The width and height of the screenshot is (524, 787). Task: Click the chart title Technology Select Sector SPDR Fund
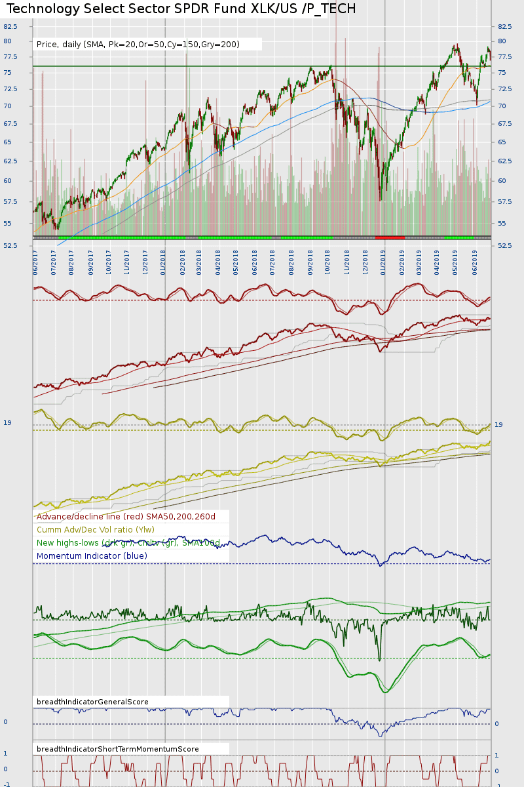pyautogui.click(x=181, y=9)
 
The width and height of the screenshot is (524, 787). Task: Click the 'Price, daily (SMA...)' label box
pyautogui.click(x=138, y=45)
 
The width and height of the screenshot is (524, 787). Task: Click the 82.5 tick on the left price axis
pyautogui.click(x=10, y=27)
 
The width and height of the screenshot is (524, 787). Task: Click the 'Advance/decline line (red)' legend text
pyautogui.click(x=126, y=517)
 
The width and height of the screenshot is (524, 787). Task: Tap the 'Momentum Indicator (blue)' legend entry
pyautogui.click(x=92, y=556)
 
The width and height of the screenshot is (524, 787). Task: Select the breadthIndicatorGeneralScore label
pyautogui.click(x=92, y=702)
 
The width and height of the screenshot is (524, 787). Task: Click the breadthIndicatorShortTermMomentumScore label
pyautogui.click(x=118, y=749)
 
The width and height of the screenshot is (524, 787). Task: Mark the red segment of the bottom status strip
pyautogui.click(x=390, y=237)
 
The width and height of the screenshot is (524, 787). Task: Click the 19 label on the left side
pyautogui.click(x=7, y=423)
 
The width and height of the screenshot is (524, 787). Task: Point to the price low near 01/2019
pyautogui.click(x=380, y=199)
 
